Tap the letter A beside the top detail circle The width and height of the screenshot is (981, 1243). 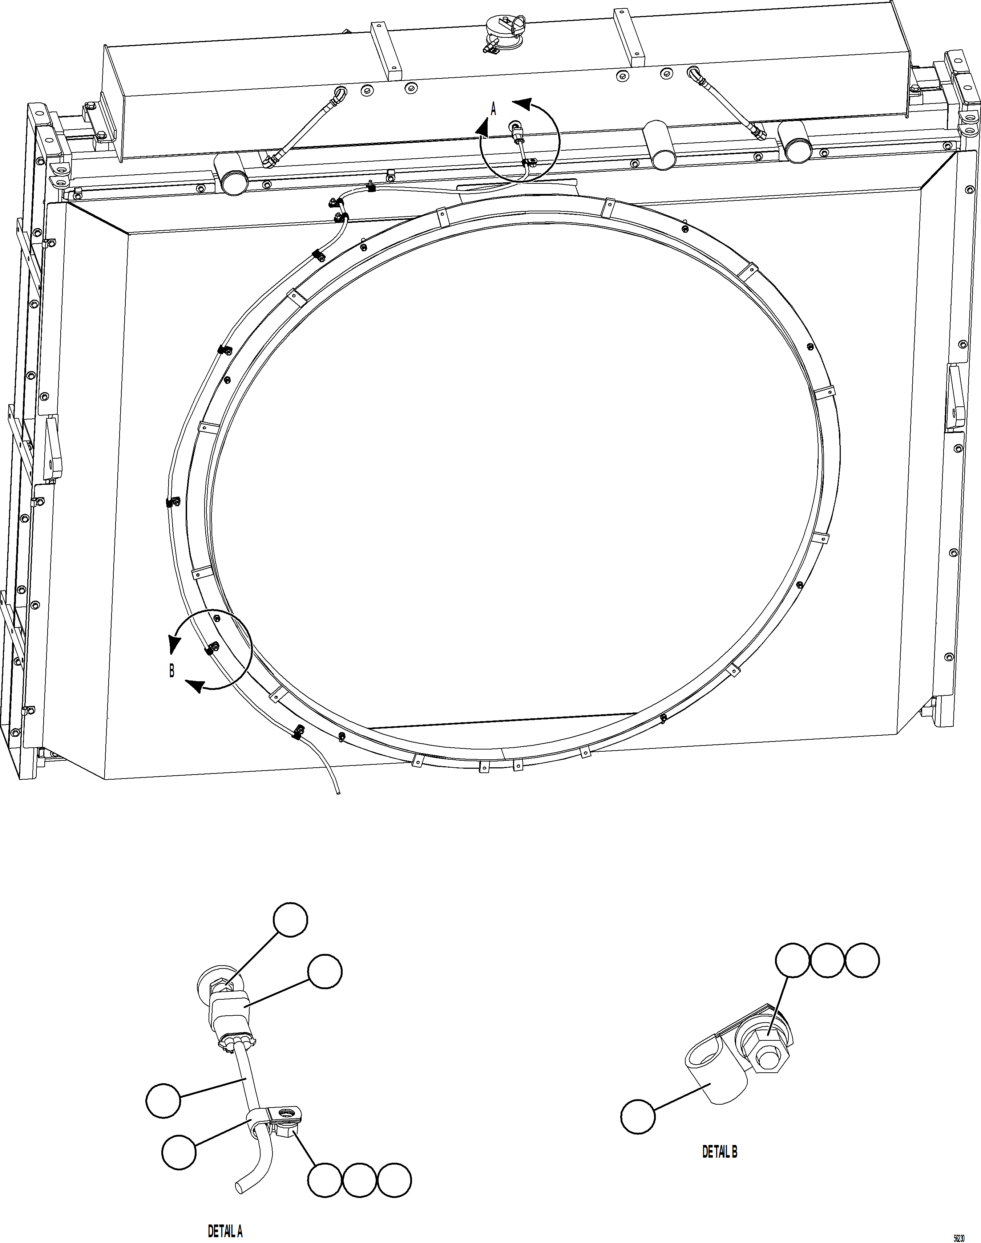pyautogui.click(x=493, y=108)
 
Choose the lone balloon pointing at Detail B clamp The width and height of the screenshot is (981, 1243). pyautogui.click(x=638, y=1117)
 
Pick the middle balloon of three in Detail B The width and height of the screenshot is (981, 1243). pyautogui.click(x=827, y=960)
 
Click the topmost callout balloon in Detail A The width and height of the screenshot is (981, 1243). pyautogui.click(x=290, y=919)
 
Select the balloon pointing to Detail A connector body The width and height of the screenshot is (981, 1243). pyautogui.click(x=324, y=971)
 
